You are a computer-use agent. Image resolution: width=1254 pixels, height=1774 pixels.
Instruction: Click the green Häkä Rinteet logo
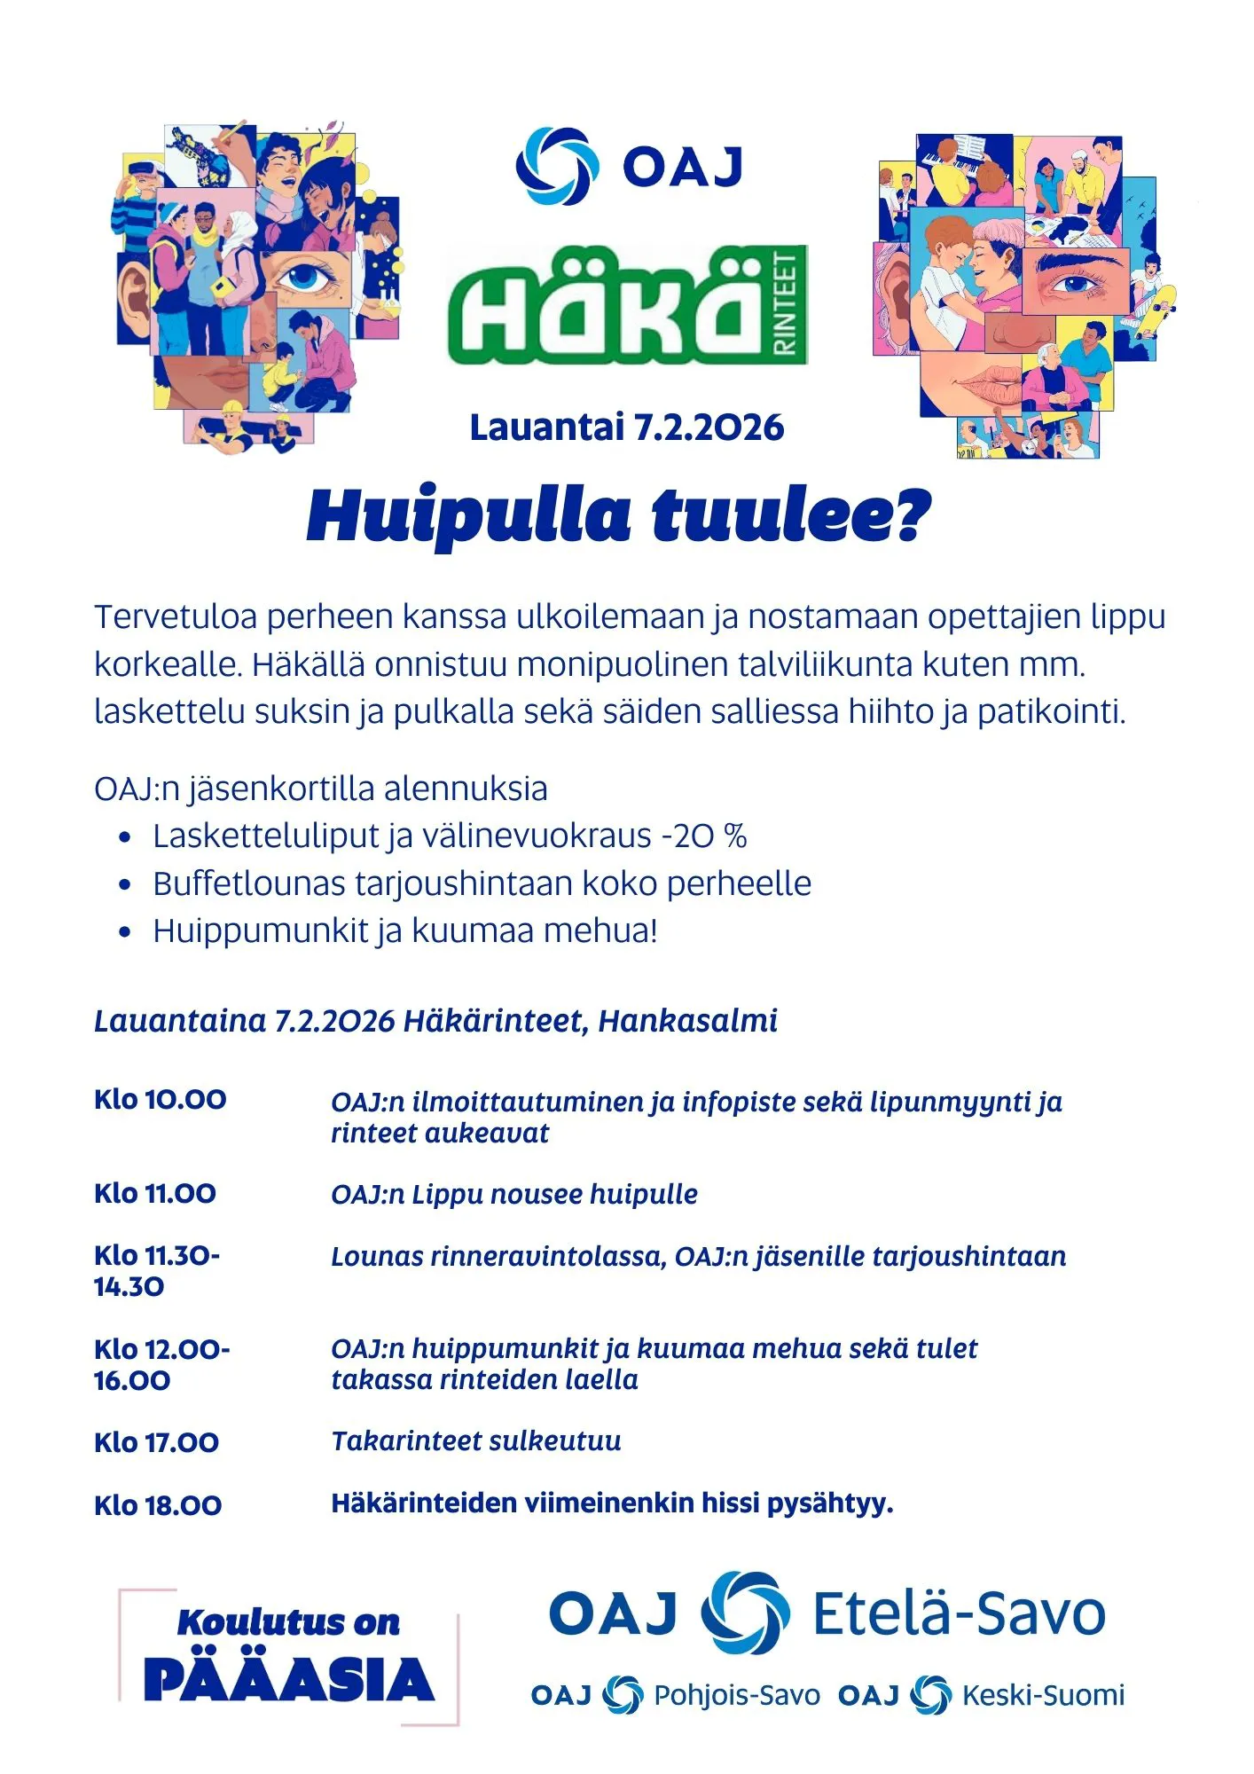[x=627, y=305]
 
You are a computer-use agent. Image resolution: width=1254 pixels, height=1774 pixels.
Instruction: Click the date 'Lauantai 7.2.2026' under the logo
[x=626, y=428]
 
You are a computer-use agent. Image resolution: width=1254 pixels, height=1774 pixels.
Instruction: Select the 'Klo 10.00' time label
[x=161, y=1100]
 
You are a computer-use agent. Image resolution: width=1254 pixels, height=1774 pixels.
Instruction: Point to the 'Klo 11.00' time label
[x=155, y=1194]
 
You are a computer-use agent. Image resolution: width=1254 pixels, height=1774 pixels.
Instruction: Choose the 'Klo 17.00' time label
[x=156, y=1442]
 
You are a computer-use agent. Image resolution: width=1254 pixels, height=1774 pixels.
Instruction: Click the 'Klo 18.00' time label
[x=158, y=1505]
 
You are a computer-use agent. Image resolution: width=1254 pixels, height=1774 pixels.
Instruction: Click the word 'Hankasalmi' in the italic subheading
[x=687, y=1021]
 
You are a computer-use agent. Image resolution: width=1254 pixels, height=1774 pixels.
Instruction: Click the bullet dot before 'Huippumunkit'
[x=125, y=932]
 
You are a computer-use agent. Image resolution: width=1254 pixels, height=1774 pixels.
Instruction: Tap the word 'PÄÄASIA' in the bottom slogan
[x=288, y=1679]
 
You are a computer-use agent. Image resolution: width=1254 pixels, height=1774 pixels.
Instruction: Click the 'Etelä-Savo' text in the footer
[x=959, y=1613]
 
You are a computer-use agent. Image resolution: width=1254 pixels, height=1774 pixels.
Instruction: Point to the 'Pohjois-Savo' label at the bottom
[x=736, y=1695]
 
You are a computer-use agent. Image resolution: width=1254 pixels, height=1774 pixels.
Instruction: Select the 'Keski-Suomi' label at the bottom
[x=1043, y=1695]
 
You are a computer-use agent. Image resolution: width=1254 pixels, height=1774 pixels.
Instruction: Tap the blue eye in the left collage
[x=307, y=276]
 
